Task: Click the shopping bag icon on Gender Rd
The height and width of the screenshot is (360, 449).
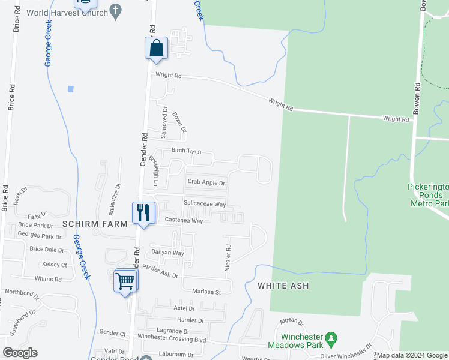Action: coord(156,48)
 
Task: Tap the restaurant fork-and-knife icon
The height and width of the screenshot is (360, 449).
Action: coord(144,212)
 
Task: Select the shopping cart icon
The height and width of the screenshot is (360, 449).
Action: coord(125,280)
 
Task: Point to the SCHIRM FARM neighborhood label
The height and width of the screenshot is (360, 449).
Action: coord(95,224)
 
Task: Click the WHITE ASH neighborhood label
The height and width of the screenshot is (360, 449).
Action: coord(283,286)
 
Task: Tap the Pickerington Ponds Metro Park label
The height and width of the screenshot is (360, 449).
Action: coord(428,196)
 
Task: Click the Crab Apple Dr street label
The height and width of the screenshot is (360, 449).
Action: coord(206,182)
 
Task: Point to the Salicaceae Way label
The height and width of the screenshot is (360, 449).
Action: coord(205,204)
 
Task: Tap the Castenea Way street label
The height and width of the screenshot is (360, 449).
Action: coord(185,221)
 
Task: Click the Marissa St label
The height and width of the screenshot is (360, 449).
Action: coord(207,292)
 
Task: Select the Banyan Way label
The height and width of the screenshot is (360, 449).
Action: coord(167,253)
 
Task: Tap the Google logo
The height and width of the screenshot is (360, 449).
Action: coord(20,353)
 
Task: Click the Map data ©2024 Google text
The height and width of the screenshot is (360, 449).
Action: coord(412,356)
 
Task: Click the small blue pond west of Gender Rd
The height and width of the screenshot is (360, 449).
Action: coord(71,89)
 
